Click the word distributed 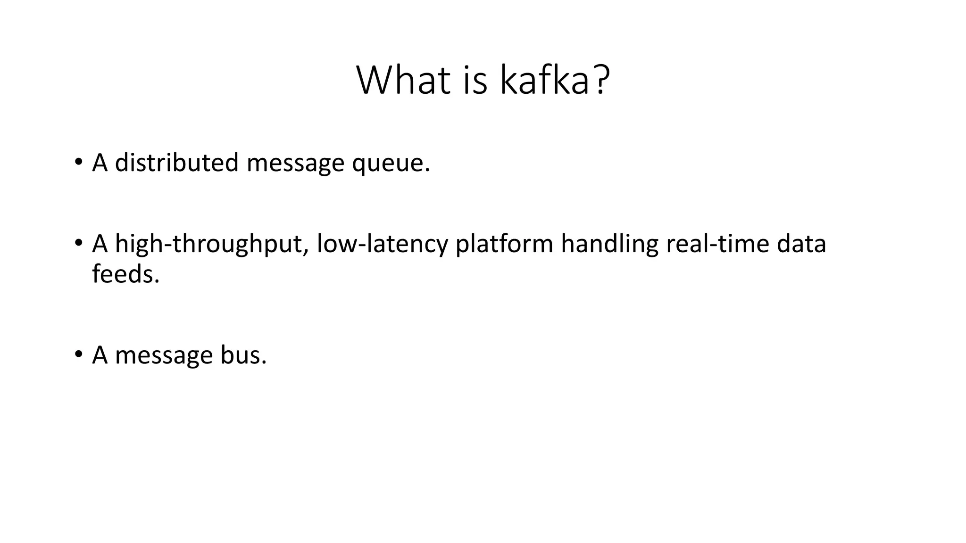pyautogui.click(x=176, y=163)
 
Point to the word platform pyautogui.click(x=504, y=244)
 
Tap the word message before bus pyautogui.click(x=164, y=356)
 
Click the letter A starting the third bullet pyautogui.click(x=100, y=355)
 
